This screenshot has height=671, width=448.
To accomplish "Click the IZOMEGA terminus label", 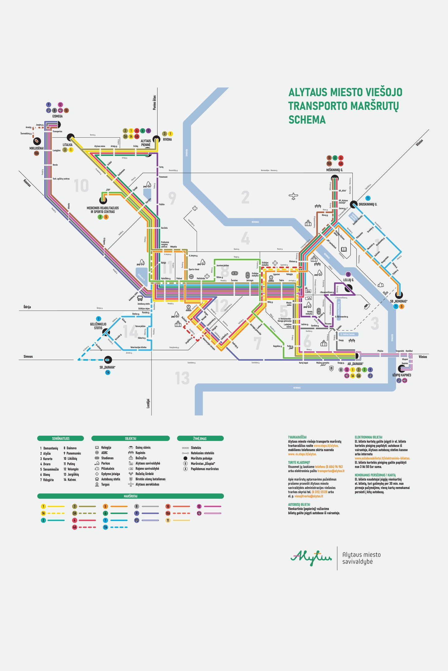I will [57, 116].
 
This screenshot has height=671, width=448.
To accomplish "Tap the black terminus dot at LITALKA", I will [71, 137].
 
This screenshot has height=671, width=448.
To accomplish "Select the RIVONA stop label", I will [167, 139].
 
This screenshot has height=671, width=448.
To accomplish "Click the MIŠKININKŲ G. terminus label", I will [334, 170].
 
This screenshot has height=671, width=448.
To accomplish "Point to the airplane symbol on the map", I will [293, 196].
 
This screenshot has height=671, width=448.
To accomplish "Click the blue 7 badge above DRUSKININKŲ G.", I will [368, 198].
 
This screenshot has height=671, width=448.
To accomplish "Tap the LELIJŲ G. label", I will [348, 280].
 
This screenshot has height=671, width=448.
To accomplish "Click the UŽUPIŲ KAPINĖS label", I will [402, 375].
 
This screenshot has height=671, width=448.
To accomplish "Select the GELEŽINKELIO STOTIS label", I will [98, 326].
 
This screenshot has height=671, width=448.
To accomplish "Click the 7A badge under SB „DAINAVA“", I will [108, 372].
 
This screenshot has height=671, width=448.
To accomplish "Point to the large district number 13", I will [182, 378].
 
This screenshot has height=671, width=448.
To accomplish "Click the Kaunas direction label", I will [27, 183].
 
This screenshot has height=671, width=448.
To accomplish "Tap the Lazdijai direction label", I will [148, 403].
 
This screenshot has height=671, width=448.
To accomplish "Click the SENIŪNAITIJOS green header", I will [61, 438].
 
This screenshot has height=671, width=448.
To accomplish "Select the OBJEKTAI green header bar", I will [130, 438].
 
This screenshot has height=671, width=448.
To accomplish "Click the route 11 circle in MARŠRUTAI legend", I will [168, 520].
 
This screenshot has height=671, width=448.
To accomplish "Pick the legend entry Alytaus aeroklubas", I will [147, 484].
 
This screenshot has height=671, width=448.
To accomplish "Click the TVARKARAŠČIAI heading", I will [297, 437].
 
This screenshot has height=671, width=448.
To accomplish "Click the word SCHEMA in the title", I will [307, 120].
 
